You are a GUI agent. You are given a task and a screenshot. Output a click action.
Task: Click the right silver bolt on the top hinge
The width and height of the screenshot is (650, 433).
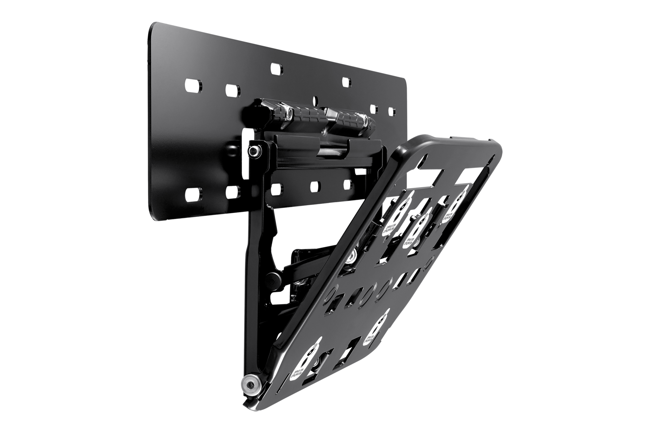[x=365, y=119]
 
